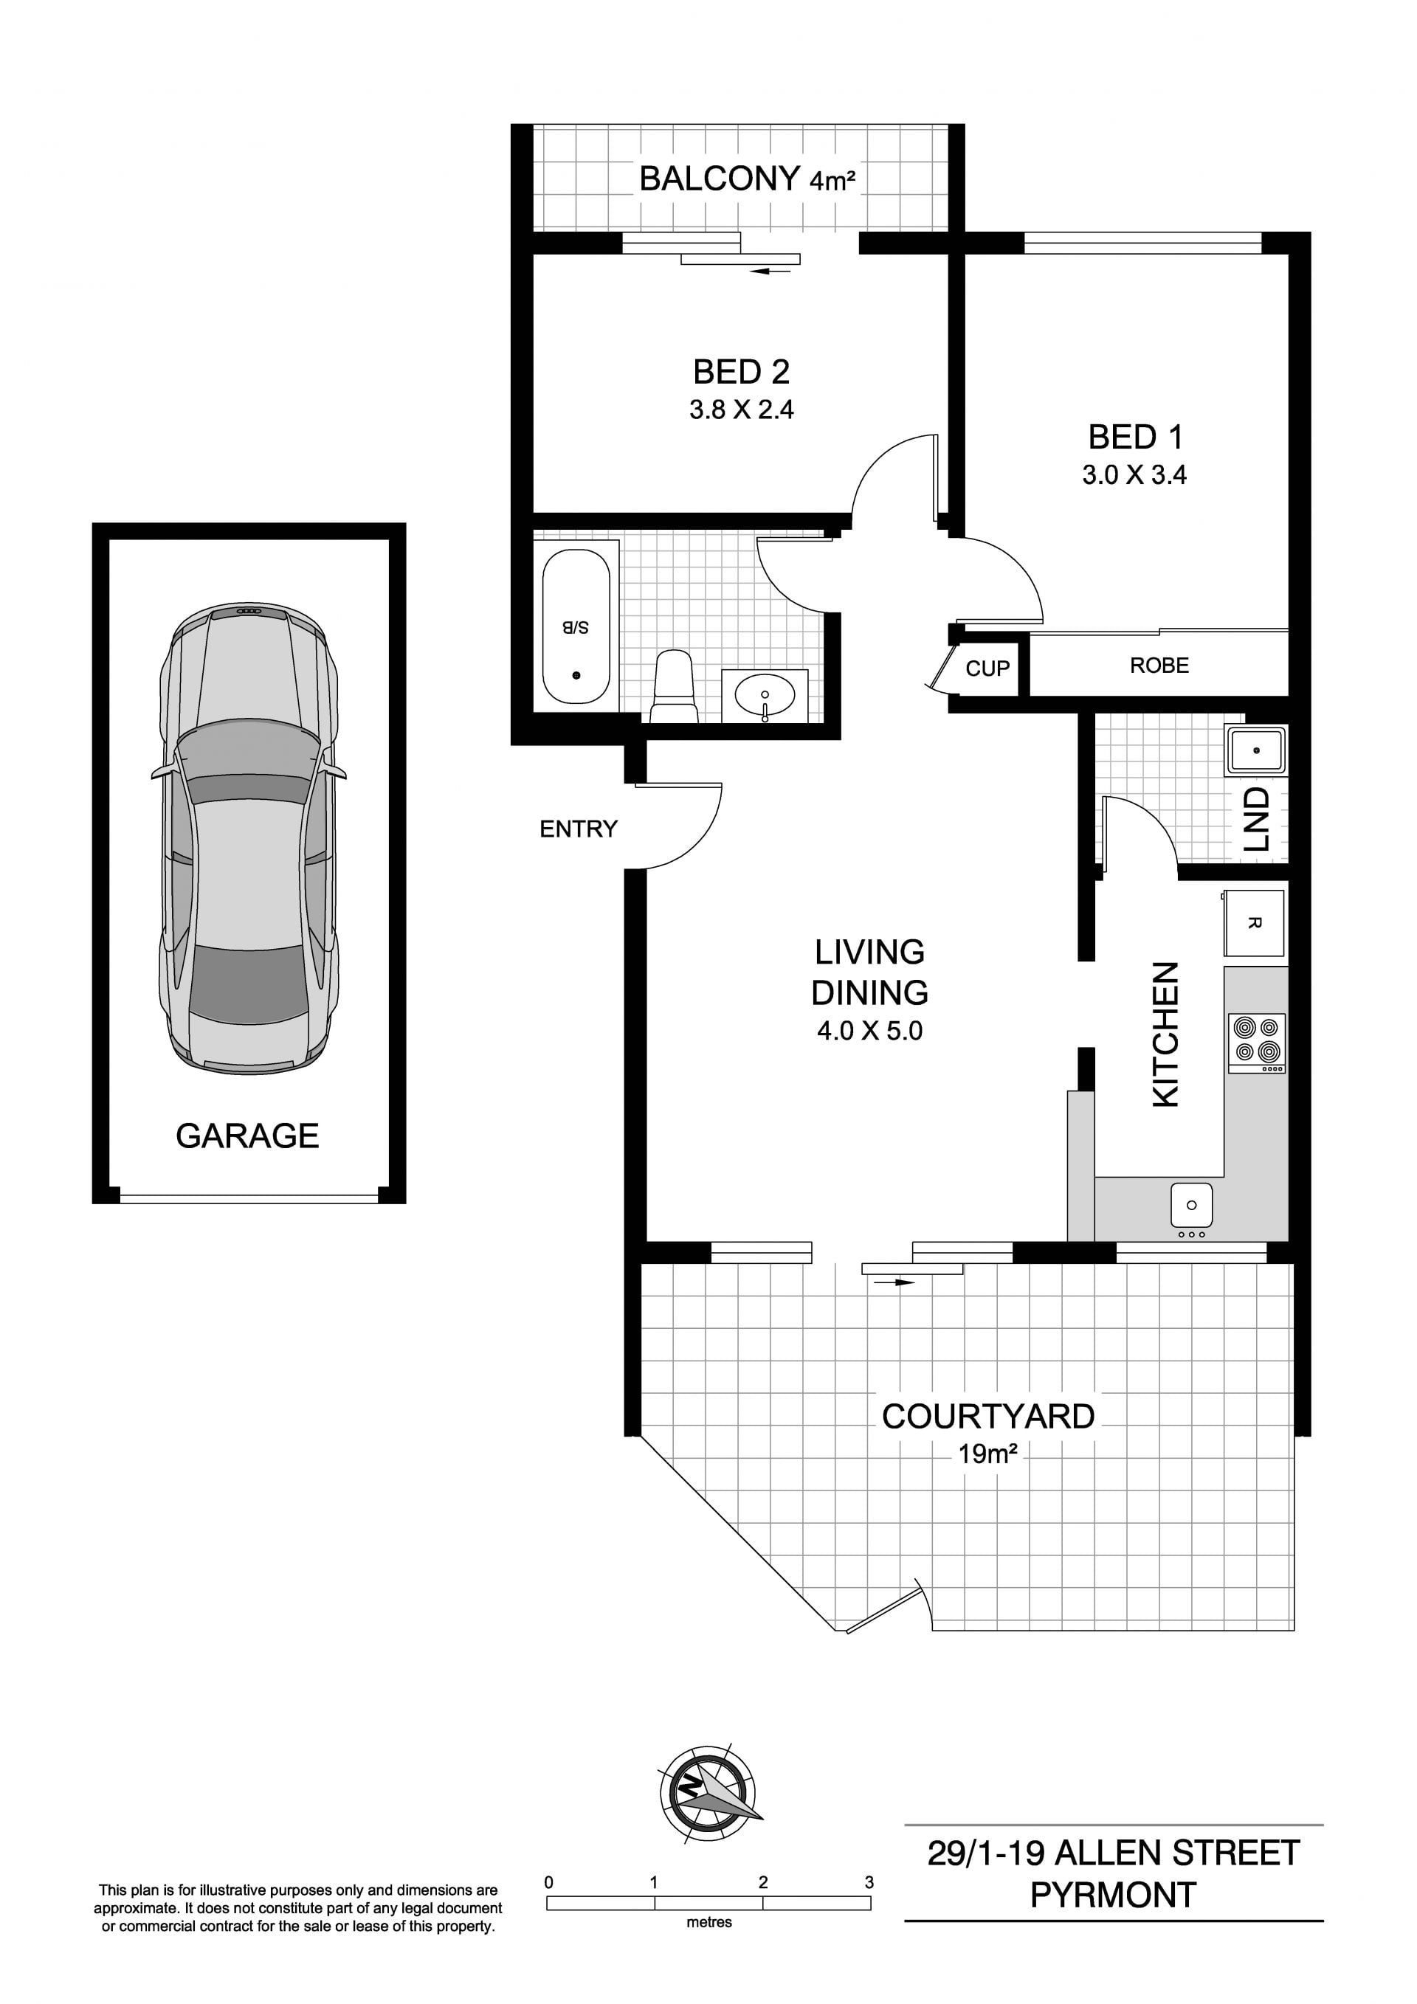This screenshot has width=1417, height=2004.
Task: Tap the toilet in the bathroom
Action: coord(674,686)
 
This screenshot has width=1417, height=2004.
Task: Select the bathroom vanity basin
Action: coord(765,696)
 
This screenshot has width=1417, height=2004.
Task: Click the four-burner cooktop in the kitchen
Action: coord(1258,1042)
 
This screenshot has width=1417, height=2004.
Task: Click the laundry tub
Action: coord(1256,750)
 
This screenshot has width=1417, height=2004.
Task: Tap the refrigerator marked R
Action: coord(1254,922)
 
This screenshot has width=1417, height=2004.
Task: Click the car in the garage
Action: coord(249,838)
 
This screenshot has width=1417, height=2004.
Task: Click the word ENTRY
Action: coord(578,829)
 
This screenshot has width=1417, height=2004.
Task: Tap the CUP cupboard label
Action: coord(987,668)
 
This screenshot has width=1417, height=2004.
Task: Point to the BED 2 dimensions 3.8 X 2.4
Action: coord(741,410)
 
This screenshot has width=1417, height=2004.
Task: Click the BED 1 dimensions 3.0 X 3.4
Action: coord(1134,475)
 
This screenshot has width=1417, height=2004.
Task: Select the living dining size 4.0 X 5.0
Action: coord(869,1031)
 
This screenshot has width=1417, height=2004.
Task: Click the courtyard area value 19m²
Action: coord(987,1454)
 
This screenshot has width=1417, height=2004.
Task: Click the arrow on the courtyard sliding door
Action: coord(894,1282)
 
